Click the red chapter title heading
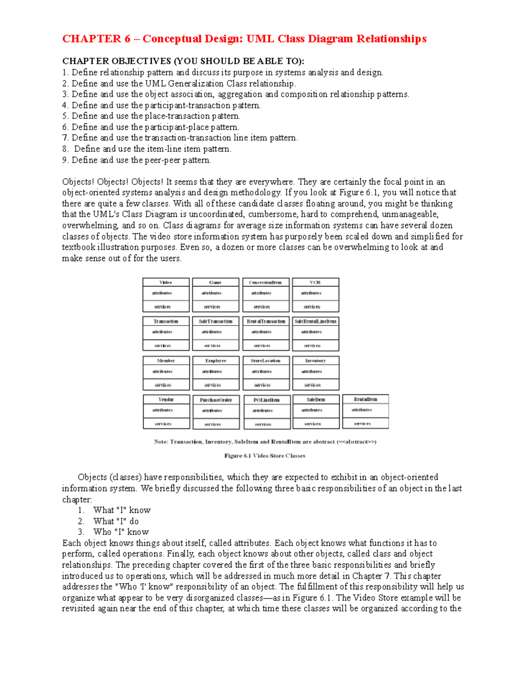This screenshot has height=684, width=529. pyautogui.click(x=244, y=39)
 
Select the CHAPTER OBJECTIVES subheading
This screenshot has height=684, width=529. pyautogui.click(x=183, y=61)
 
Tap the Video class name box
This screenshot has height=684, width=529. pyautogui.click(x=166, y=282)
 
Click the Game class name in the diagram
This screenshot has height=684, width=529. pyautogui.click(x=216, y=282)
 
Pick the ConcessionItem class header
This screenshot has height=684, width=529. pyautogui.click(x=265, y=282)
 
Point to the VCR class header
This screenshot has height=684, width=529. pyautogui.click(x=315, y=282)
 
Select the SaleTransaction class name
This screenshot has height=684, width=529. pyautogui.click(x=216, y=322)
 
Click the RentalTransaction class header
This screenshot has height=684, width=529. pyautogui.click(x=266, y=322)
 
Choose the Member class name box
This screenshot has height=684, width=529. pyautogui.click(x=166, y=361)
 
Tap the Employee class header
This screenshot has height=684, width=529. pyautogui.click(x=216, y=361)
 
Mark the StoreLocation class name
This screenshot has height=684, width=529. pyautogui.click(x=266, y=361)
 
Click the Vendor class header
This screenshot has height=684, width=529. pyautogui.click(x=166, y=399)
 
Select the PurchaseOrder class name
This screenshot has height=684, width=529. pyautogui.click(x=216, y=400)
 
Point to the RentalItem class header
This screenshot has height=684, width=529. pyautogui.click(x=365, y=399)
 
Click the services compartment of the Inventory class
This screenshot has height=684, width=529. pyautogui.click(x=316, y=385)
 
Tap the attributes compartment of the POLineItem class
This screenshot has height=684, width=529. pyautogui.click(x=266, y=410)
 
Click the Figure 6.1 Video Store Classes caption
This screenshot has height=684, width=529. pyautogui.click(x=264, y=456)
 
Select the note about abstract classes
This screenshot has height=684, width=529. pyautogui.click(x=265, y=442)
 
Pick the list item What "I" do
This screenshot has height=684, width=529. pyautogui.click(x=116, y=521)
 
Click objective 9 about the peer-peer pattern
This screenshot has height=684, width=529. pyautogui.click(x=137, y=160)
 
